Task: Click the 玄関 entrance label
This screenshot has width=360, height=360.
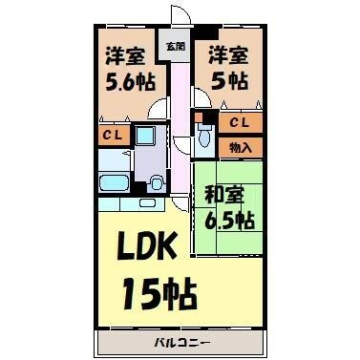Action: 176,47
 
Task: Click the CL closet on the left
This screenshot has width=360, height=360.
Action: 111,136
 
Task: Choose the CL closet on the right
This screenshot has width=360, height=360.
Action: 241,123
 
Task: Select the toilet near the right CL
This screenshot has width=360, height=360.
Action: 203,136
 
